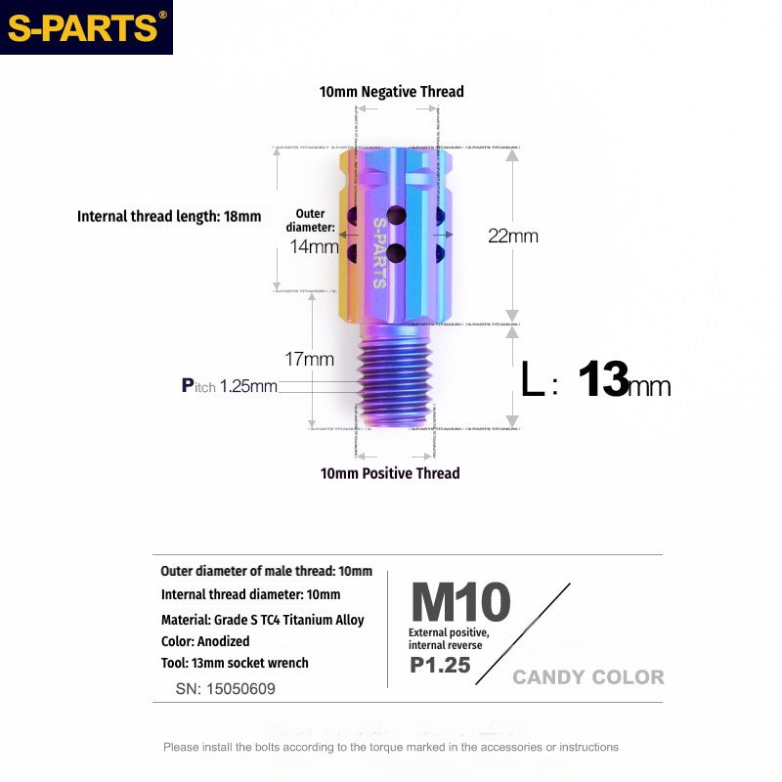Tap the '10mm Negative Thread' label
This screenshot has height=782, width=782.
tap(391, 91)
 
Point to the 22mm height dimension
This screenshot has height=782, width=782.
tap(513, 236)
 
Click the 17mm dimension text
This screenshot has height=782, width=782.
tap(312, 359)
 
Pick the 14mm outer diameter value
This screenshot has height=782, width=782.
tap(314, 246)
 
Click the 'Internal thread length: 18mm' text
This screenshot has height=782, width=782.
tap(169, 216)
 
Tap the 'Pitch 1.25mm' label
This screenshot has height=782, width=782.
tap(230, 386)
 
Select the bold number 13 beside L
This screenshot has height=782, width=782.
tap(602, 379)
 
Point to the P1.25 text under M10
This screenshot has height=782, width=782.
tap(440, 665)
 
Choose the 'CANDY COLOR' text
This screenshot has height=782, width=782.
tap(587, 677)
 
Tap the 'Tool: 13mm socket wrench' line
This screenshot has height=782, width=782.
tap(235, 663)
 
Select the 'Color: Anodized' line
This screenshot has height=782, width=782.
tap(205, 641)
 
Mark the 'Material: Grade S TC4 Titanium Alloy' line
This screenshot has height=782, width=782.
tap(262, 620)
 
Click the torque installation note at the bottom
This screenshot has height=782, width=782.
tap(391, 747)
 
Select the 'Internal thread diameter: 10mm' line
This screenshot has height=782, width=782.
tap(250, 594)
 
